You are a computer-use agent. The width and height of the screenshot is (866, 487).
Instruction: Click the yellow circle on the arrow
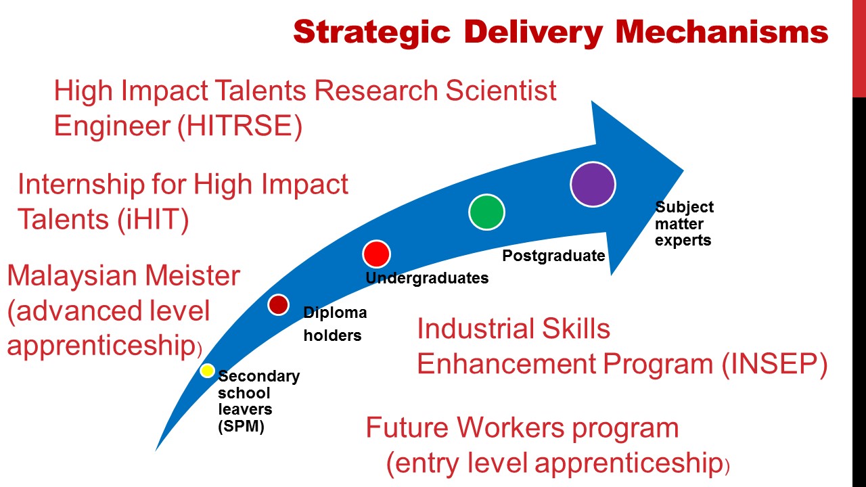207,371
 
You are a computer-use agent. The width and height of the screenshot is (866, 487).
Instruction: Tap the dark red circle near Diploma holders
278,304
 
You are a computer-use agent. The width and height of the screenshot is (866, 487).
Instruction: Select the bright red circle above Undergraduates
376,254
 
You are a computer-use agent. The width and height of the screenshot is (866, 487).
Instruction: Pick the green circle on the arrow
486,212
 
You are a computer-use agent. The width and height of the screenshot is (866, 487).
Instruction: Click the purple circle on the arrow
593,185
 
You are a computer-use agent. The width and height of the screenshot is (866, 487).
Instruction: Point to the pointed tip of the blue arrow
683,170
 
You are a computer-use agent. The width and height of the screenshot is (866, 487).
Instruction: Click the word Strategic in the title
372,32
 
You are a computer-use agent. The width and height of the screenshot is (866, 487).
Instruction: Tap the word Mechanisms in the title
722,31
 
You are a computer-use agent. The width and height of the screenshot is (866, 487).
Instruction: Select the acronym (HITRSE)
240,126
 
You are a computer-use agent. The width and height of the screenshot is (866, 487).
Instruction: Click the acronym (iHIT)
153,220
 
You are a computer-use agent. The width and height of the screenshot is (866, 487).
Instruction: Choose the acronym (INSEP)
775,364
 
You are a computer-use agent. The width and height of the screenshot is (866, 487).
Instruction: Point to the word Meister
193,275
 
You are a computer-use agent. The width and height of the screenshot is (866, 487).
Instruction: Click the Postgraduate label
553,256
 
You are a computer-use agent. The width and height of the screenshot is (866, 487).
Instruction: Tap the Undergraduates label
427,278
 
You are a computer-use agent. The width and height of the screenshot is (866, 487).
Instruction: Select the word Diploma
335,312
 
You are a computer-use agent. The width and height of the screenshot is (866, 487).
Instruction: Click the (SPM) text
242,427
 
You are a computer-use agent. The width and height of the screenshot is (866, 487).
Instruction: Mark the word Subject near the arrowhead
684,207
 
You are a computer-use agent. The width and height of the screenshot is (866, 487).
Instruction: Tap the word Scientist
501,91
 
